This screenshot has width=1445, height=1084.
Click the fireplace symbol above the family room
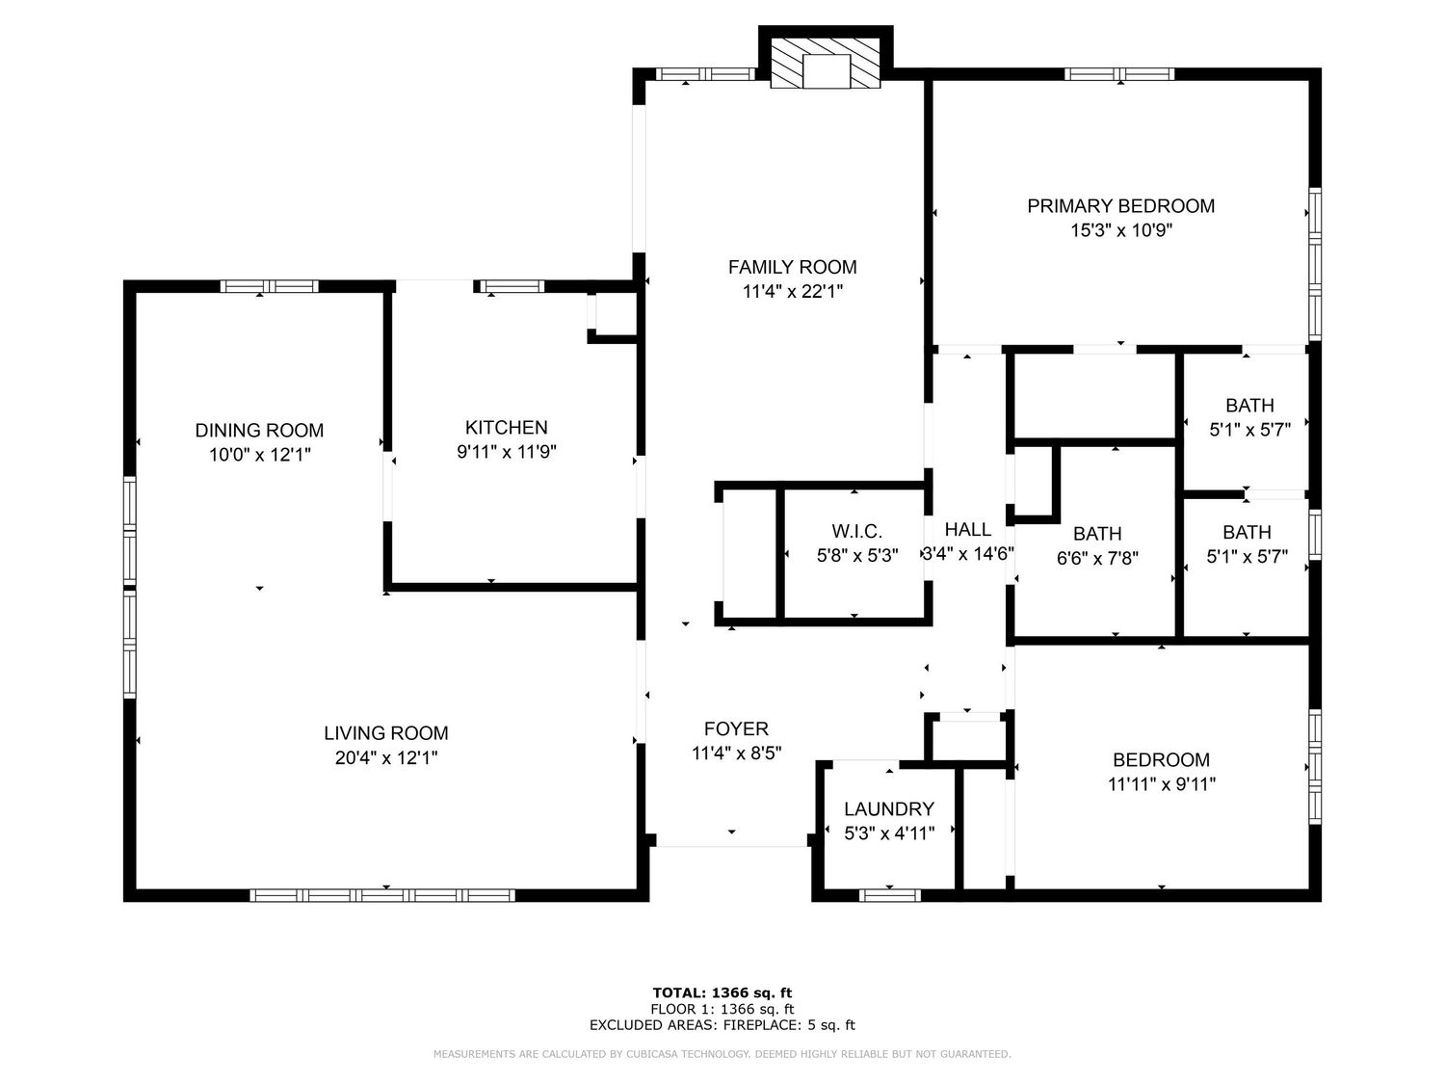[825, 63]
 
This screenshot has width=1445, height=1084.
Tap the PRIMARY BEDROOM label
[1120, 206]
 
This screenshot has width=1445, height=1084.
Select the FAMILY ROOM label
[792, 267]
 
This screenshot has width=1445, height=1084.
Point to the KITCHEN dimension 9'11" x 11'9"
[507, 452]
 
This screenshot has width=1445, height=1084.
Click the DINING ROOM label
[259, 431]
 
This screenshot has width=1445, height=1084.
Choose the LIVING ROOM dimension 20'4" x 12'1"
[386, 758]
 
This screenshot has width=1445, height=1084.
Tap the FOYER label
[736, 728]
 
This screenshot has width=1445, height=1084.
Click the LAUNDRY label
[889, 808]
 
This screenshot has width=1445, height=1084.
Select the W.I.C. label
[857, 531]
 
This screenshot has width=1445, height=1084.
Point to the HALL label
[968, 529]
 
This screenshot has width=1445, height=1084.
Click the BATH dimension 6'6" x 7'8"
[1097, 558]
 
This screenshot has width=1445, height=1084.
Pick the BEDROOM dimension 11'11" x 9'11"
[1161, 784]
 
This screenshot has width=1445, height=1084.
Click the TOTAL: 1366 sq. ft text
[722, 992]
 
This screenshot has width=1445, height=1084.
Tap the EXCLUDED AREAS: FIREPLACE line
[722, 1025]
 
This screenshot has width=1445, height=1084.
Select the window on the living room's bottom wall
[382, 895]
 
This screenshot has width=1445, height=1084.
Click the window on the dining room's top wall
[269, 286]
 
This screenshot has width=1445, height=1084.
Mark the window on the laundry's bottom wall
[890, 895]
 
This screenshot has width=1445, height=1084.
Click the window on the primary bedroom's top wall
[1119, 74]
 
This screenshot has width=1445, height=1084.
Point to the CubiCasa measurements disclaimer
[722, 1054]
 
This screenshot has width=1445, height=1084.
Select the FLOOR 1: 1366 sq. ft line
[722, 1009]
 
